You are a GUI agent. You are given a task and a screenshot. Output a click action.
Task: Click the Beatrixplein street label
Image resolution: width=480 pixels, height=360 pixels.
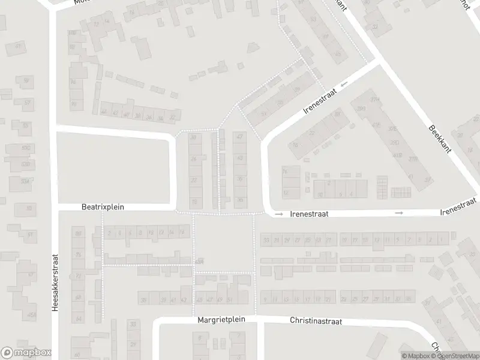coord(103,207)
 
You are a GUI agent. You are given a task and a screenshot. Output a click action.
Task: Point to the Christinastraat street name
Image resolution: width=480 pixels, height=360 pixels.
coord(316,322)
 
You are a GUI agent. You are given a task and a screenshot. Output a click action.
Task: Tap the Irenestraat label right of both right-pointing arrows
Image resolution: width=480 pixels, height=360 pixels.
coord(458,212)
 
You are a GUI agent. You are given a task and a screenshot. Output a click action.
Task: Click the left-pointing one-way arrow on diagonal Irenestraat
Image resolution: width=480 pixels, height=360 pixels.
coord(343,86)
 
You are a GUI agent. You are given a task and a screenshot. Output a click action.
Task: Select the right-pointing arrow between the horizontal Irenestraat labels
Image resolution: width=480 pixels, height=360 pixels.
coord(398,213)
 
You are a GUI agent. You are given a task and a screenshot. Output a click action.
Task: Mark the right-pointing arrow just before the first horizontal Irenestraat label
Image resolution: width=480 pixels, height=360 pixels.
coord(278,213)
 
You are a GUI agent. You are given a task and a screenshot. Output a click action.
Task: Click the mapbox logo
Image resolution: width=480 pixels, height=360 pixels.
coord(26,353)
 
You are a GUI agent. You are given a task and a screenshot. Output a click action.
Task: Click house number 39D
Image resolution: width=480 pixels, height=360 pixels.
coord(395,143)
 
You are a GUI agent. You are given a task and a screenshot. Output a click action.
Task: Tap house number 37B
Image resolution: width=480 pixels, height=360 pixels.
coord(413,158)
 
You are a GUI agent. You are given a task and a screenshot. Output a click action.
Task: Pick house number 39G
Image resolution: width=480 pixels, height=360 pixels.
coord(361,109)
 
